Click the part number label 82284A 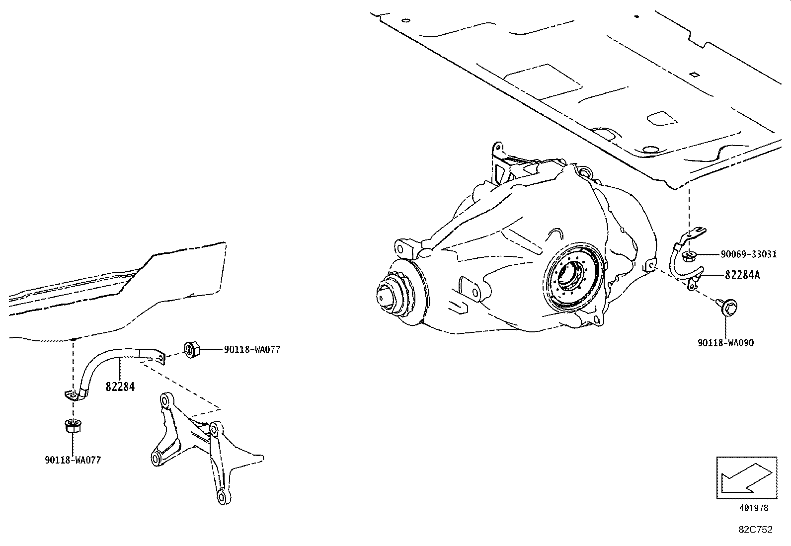click(x=742, y=275)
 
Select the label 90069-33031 click(x=749, y=254)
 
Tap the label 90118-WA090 click(x=726, y=343)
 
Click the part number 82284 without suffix click(x=120, y=387)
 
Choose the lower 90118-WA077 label click(x=73, y=460)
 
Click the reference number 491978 click(x=753, y=508)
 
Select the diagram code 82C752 click(x=755, y=530)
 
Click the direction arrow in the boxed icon click(x=745, y=477)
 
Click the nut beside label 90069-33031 click(x=689, y=256)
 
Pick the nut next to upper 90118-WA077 click(x=191, y=349)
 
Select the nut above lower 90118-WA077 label click(x=73, y=426)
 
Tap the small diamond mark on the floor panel click(x=694, y=75)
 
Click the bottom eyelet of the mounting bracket click(x=222, y=497)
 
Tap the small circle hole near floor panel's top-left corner click(x=406, y=21)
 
